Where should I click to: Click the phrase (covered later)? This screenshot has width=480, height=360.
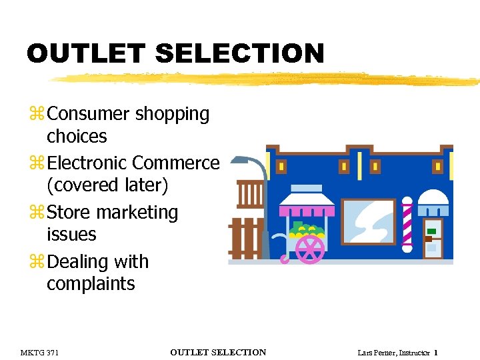107,185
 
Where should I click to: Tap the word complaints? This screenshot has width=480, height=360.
91,284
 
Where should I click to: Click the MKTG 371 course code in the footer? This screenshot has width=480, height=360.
39,353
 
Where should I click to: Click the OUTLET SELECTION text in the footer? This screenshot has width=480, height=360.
218,353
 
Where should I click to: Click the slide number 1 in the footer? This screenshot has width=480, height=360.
435,353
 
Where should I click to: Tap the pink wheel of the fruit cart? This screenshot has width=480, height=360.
309,249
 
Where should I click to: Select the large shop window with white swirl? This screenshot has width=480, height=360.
369,221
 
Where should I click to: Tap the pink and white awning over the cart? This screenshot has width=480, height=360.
307,205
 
